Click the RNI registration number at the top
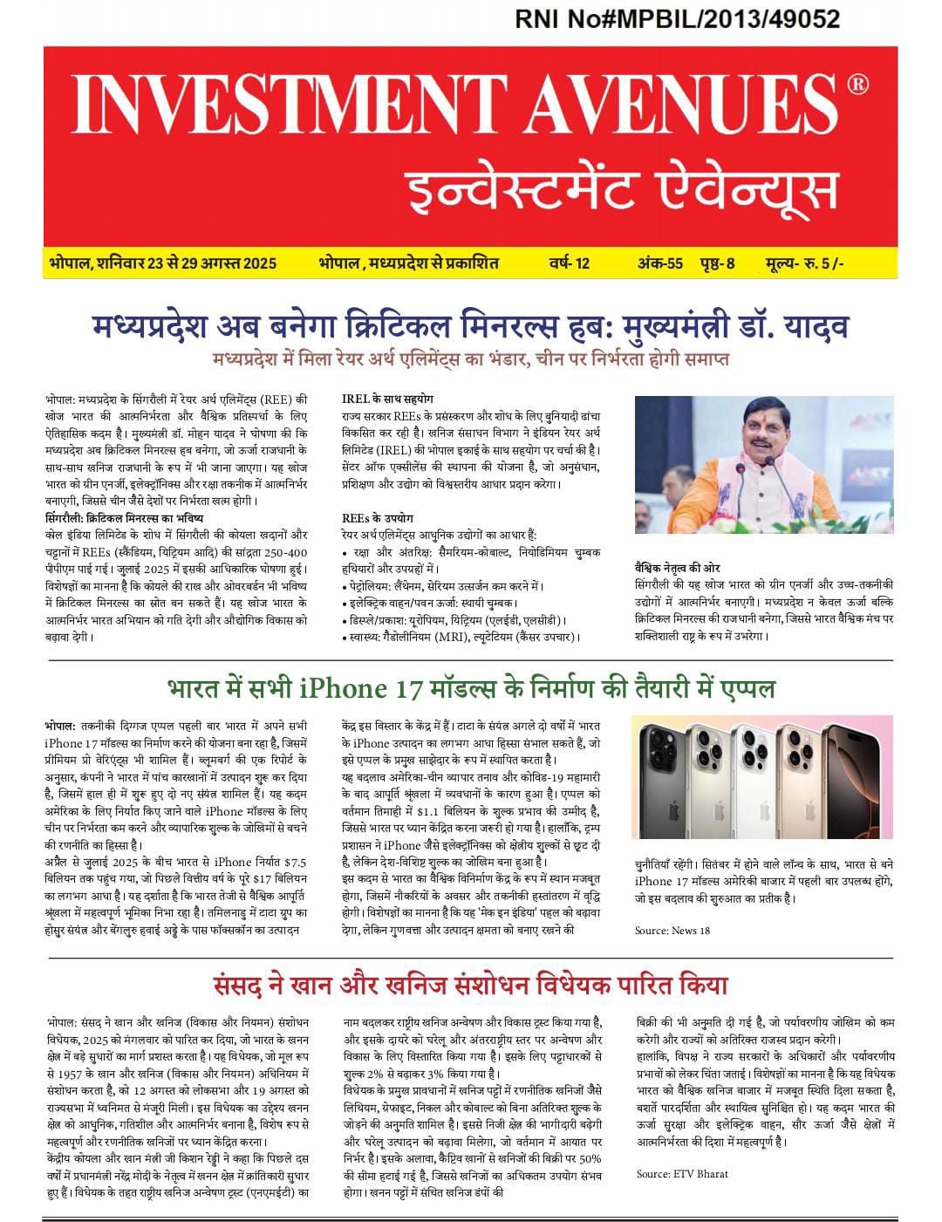click(x=678, y=19)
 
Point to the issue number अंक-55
click(x=659, y=263)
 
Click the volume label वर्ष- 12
click(x=570, y=263)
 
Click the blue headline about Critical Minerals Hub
click(x=471, y=327)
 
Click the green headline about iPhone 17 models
click(x=471, y=688)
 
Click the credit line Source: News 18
click(x=672, y=931)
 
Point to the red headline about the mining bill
click(x=471, y=986)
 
